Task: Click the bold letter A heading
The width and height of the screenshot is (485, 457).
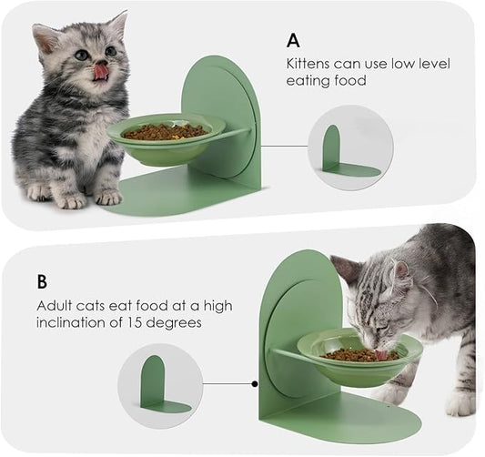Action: point(293,40)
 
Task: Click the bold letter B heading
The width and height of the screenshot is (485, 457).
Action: point(43,281)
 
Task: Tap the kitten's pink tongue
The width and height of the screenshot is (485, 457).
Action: point(100,69)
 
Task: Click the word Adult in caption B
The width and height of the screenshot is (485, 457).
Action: point(56,305)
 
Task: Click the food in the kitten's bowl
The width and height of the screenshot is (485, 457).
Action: point(165,132)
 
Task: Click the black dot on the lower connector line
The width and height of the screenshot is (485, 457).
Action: point(254,383)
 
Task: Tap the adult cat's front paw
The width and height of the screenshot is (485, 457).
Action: point(391,394)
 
